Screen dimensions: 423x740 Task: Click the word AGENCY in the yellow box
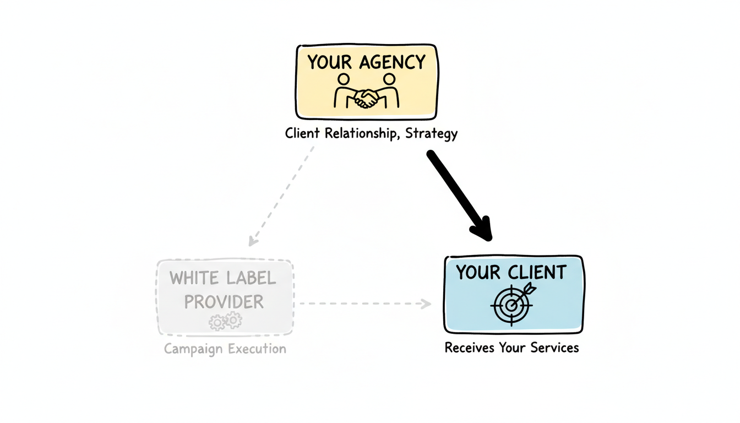tap(393, 62)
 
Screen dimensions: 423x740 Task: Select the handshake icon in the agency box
tap(366, 98)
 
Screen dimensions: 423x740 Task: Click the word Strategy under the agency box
tap(431, 134)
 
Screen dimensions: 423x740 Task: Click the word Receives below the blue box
tap(469, 348)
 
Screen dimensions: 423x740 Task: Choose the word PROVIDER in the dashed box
tap(224, 302)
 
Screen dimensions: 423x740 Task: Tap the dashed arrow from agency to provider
tap(282, 194)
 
